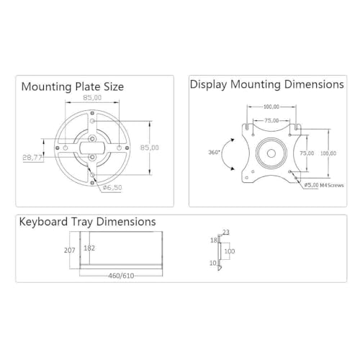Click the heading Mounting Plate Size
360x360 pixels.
pyautogui.click(x=73, y=86)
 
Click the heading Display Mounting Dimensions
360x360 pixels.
pyautogui.click(x=267, y=84)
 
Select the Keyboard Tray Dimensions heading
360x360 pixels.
pyautogui.click(x=87, y=222)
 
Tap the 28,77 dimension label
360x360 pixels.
pyautogui.click(x=32, y=158)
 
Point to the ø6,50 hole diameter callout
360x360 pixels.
pyautogui.click(x=112, y=188)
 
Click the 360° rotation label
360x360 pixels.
pyautogui.click(x=214, y=152)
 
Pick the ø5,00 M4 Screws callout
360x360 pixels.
pyautogui.click(x=324, y=185)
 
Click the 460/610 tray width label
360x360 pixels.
pyautogui.click(x=121, y=276)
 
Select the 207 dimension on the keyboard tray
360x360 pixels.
pyautogui.click(x=70, y=251)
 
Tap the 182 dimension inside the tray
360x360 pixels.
pyautogui.click(x=89, y=248)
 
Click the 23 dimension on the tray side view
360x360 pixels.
pyautogui.click(x=226, y=232)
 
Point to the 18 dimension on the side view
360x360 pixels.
pyautogui.click(x=214, y=240)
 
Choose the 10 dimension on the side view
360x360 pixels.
pyautogui.click(x=213, y=263)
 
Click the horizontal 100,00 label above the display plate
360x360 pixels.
pyautogui.click(x=271, y=107)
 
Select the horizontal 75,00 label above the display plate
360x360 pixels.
pyautogui.click(x=271, y=120)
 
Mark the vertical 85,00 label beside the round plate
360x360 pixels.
pyautogui.click(x=150, y=148)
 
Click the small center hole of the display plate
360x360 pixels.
pyautogui.click(x=271, y=153)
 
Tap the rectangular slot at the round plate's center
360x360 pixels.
pyautogui.click(x=92, y=148)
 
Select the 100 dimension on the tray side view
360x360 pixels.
pyautogui.click(x=230, y=251)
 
